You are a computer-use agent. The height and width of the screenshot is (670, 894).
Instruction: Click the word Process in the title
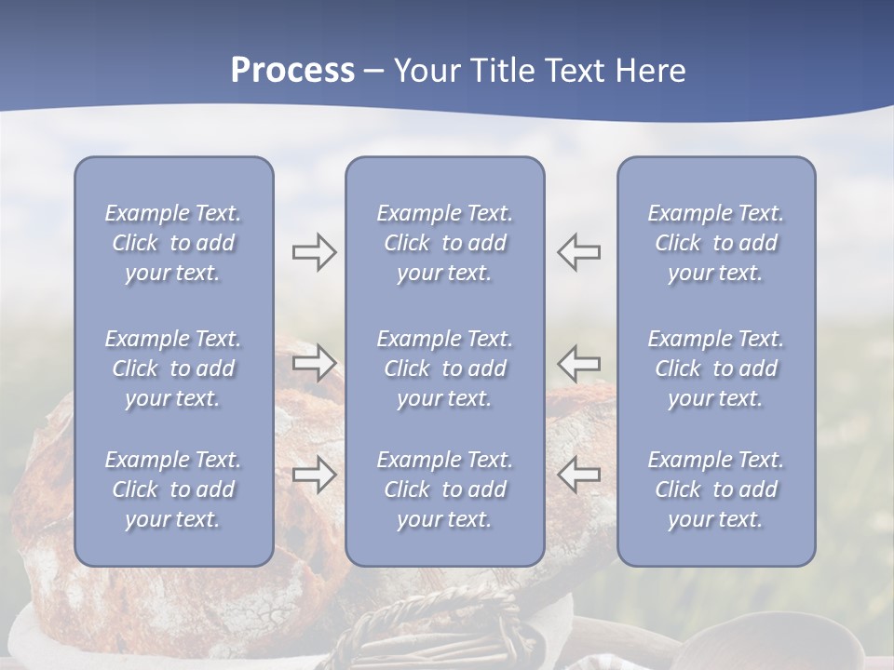click(x=292, y=71)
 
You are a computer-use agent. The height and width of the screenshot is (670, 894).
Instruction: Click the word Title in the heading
click(x=505, y=71)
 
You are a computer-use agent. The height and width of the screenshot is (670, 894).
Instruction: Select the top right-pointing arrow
click(x=314, y=251)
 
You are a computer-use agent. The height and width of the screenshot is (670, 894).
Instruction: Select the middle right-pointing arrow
click(x=314, y=362)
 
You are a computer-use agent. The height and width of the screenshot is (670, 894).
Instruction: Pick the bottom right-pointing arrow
click(x=314, y=475)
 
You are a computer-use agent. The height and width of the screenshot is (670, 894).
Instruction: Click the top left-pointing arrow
click(x=579, y=251)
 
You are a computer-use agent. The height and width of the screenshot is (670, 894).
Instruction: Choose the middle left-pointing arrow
click(x=579, y=362)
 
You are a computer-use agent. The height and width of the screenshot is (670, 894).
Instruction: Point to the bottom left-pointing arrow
click(x=579, y=475)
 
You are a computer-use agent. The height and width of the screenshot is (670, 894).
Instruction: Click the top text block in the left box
click(x=173, y=243)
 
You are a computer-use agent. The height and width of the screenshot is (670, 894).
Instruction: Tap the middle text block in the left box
click(x=173, y=368)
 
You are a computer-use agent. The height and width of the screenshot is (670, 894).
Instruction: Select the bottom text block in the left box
click(x=173, y=489)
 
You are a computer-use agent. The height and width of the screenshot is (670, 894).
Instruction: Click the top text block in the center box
click(x=444, y=243)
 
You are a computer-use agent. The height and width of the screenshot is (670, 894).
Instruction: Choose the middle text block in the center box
click(x=444, y=368)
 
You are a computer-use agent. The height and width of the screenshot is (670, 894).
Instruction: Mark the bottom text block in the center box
click(x=444, y=489)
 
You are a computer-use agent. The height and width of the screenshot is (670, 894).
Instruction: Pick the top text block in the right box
click(x=716, y=243)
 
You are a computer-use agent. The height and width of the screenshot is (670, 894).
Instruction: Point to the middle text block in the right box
click(x=716, y=368)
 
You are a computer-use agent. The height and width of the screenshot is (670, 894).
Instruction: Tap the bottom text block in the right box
click(x=716, y=489)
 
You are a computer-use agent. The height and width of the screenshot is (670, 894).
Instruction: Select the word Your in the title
click(x=427, y=71)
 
